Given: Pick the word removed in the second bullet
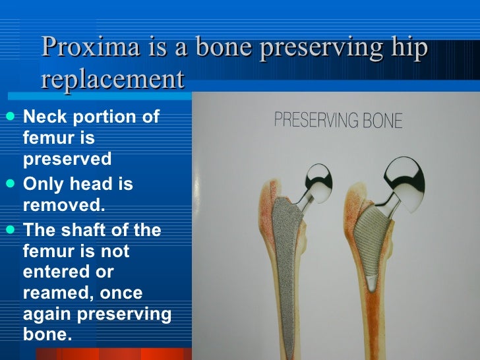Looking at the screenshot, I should coord(63,204).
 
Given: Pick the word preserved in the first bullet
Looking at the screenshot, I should coord(67,160).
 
